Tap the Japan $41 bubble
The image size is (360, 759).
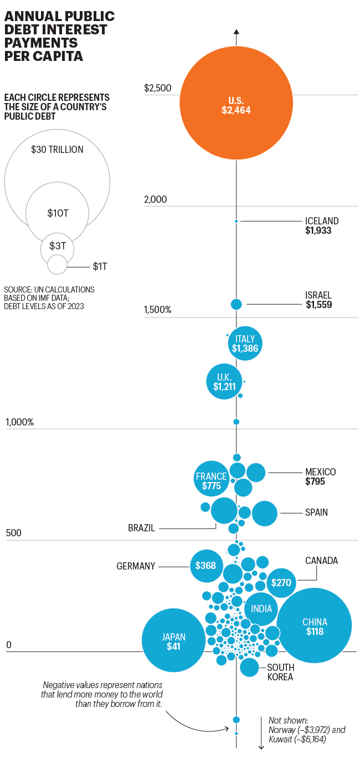point(173,640)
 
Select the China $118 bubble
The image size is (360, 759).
point(314,625)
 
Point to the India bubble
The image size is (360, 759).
point(261,609)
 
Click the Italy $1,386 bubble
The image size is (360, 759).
point(245,343)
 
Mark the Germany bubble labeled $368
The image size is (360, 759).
point(206,566)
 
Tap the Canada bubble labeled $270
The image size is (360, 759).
point(281,583)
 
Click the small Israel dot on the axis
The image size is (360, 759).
point(236,304)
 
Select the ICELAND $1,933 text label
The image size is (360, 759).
point(321,225)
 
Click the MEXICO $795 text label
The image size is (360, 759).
point(320,476)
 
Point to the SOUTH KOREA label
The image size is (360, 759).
point(281,672)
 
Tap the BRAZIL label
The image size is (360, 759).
point(141,528)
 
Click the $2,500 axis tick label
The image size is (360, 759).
point(157,88)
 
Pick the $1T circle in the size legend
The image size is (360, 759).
point(56,265)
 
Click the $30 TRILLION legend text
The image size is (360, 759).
point(56,150)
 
